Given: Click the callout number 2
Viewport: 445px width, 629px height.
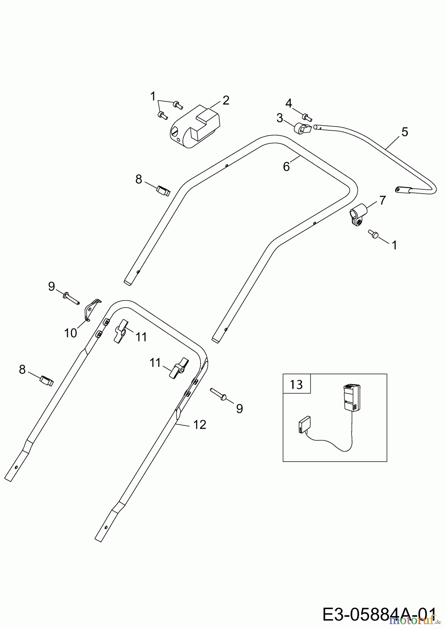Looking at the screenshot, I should tap(226, 100).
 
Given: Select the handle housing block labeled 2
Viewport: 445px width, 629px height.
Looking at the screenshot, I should tap(195, 128).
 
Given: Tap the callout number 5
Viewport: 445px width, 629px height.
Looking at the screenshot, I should tap(404, 132).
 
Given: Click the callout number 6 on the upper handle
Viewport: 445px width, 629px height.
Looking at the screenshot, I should tap(287, 167).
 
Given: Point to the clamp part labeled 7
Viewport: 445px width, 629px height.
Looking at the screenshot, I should tap(359, 214).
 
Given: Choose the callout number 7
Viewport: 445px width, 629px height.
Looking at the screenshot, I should tap(382, 200).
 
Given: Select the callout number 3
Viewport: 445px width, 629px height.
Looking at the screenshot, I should tap(280, 118).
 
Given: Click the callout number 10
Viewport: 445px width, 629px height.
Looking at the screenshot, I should tap(70, 333).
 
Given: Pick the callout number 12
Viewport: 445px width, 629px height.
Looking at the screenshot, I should tap(199, 425).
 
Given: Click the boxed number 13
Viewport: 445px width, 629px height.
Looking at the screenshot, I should tap(296, 385).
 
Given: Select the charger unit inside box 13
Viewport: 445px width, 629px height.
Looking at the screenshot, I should tap(351, 398).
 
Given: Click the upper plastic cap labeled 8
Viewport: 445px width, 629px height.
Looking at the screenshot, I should tap(163, 191).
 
